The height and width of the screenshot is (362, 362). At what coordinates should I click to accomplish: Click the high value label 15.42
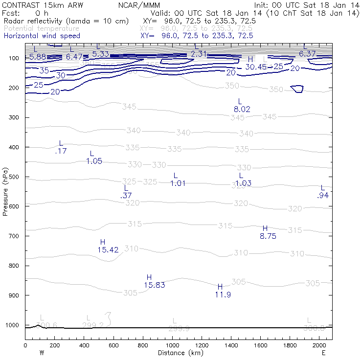coord(108,250)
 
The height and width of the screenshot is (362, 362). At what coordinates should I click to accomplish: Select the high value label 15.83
coord(154,285)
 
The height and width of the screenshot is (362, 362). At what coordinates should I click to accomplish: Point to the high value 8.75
coord(268,236)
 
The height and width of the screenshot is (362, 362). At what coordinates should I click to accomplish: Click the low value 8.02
coord(242,110)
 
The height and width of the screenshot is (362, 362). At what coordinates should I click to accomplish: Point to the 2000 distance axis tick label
coord(319,345)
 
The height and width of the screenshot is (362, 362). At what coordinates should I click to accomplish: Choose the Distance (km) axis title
coord(179,353)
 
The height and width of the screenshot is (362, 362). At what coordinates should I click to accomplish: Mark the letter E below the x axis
coord(323,353)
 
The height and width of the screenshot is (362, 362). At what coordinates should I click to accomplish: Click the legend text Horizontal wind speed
coord(42,36)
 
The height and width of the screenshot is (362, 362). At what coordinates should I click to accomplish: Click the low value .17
coord(61,151)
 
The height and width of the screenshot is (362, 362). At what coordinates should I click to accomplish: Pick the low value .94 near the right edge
coord(322,195)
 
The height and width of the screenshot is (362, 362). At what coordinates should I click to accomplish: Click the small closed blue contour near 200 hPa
coord(296,89)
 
